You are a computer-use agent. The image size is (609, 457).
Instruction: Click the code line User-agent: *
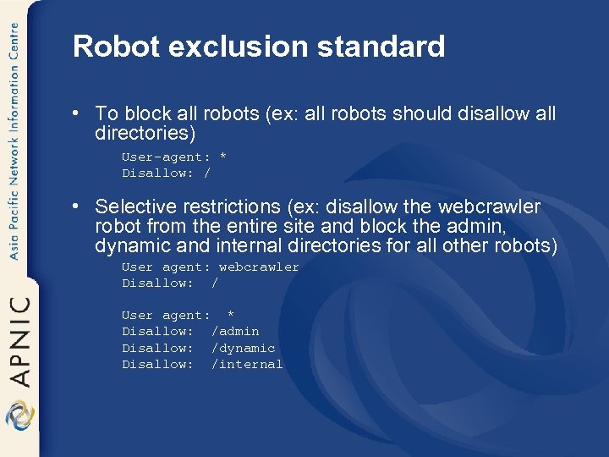[174, 157]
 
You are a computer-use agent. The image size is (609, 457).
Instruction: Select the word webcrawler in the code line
[259, 267]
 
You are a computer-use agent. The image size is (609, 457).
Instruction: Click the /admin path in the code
[235, 331]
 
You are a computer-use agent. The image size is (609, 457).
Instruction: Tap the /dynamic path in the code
[244, 348]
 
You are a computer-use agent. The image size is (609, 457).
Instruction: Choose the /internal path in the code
[247, 364]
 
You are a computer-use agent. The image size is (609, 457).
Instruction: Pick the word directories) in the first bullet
[145, 133]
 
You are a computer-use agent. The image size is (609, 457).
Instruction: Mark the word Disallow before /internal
[157, 364]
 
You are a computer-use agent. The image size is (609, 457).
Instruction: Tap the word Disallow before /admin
[157, 331]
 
